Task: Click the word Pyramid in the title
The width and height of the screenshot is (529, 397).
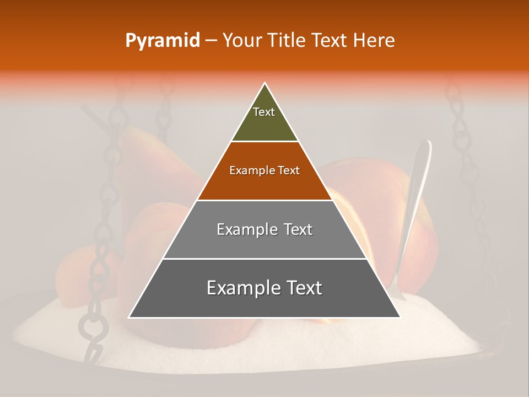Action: click(x=163, y=41)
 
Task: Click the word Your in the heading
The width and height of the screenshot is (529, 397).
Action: click(x=241, y=41)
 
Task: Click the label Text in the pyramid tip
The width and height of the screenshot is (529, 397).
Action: click(x=264, y=112)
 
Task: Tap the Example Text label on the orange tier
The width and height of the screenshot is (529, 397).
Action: click(x=264, y=171)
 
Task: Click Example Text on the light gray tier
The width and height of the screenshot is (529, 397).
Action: click(x=264, y=229)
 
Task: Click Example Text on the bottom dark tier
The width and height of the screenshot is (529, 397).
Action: click(x=264, y=288)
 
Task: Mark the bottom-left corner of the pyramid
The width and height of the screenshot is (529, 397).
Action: click(x=129, y=317)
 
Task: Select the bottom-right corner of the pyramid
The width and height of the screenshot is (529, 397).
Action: click(x=400, y=317)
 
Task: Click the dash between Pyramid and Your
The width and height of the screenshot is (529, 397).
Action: click(x=211, y=41)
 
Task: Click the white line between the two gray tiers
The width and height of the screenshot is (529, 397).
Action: click(x=264, y=259)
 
